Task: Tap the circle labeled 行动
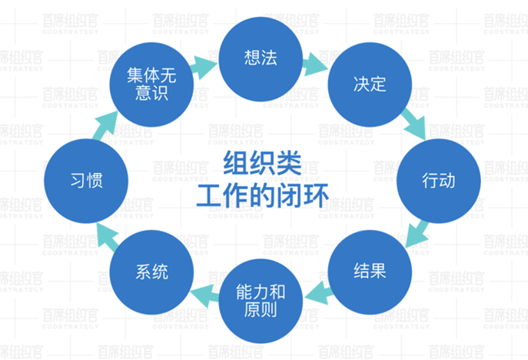(x=438, y=182)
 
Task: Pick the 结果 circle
(x=370, y=272)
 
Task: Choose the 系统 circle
(x=151, y=272)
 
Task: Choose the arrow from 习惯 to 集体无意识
(x=107, y=127)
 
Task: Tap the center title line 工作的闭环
(x=261, y=194)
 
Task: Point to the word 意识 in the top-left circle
(x=151, y=94)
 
